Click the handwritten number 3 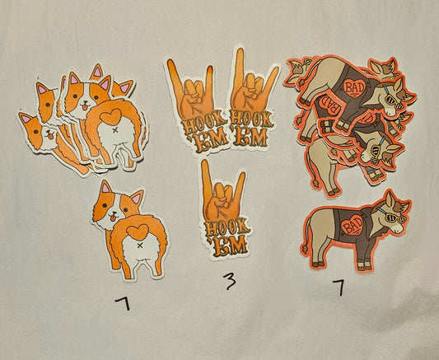click(230, 281)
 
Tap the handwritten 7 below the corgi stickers click(124, 303)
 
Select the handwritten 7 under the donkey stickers click(339, 288)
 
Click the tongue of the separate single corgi click(113, 217)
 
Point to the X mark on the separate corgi click(140, 245)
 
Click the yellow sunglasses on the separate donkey click(392, 217)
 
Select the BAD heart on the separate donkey click(353, 225)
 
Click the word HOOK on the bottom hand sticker click(227, 227)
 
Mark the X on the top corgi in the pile click(115, 130)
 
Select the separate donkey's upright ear click(390, 199)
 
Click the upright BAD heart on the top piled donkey click(355, 87)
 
